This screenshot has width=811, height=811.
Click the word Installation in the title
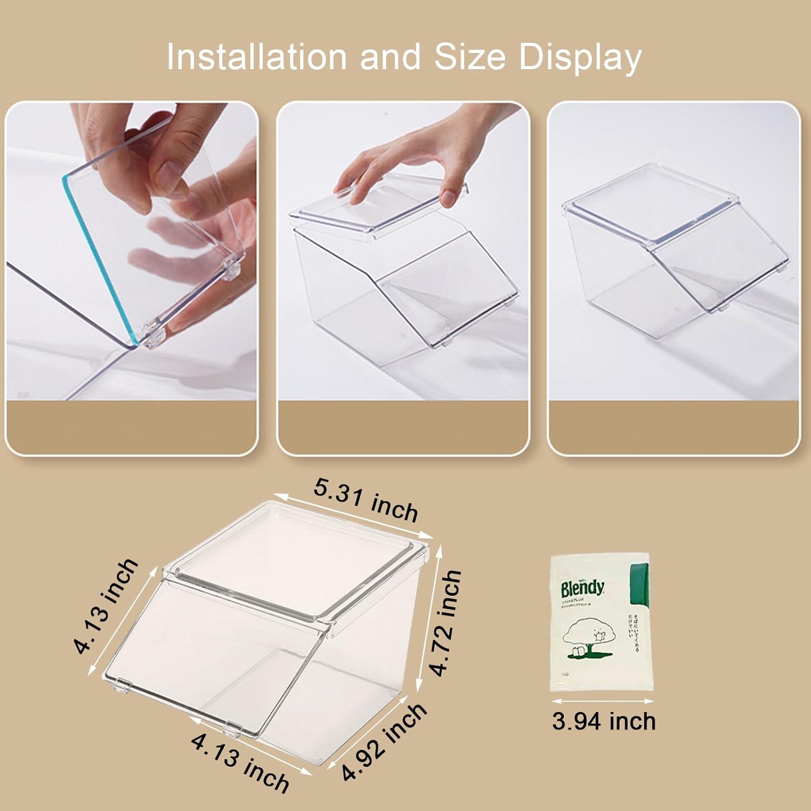[x=256, y=57]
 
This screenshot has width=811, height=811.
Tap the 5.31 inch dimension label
[x=366, y=501]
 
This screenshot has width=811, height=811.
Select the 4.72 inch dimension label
[x=447, y=622]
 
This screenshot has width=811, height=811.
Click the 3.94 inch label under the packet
[x=603, y=721]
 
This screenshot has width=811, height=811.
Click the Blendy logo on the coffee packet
[x=582, y=587]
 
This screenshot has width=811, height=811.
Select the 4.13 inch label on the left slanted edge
[x=106, y=606]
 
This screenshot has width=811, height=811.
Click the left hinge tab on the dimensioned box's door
[x=124, y=686]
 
